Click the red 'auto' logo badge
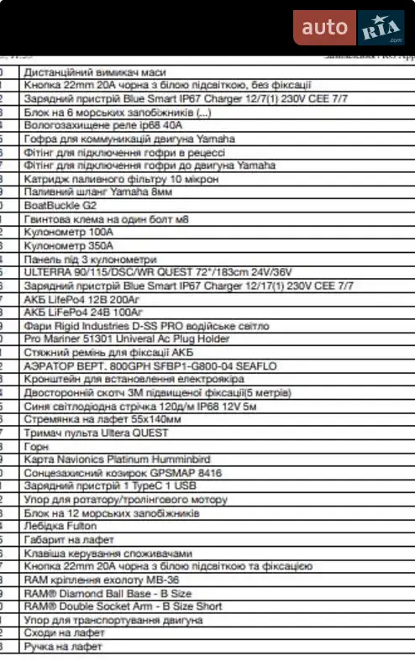[x=324, y=28]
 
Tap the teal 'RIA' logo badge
[x=382, y=29]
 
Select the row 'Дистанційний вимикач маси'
[x=94, y=72]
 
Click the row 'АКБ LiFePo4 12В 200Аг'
[x=82, y=298]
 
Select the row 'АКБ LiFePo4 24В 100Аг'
[x=82, y=312]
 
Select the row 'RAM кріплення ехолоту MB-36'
[x=102, y=580]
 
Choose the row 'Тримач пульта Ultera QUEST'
[x=96, y=433]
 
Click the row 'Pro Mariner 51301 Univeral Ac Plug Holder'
[x=127, y=339]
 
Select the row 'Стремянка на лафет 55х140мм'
[x=102, y=419]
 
